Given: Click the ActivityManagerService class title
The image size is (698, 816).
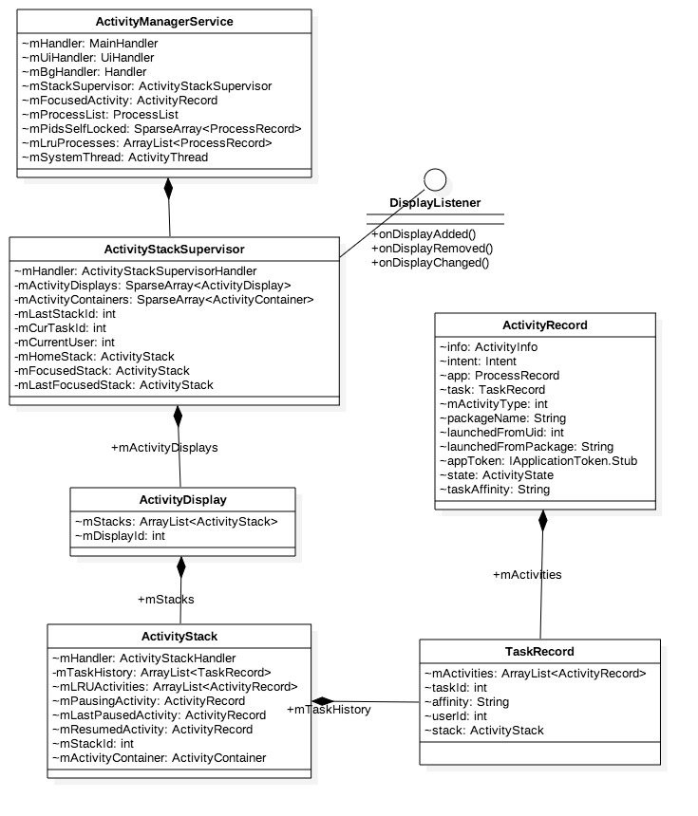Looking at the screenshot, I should click(164, 21).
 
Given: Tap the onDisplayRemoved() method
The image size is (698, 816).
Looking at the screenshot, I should click(432, 248).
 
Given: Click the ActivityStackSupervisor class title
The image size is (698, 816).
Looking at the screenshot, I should click(175, 250).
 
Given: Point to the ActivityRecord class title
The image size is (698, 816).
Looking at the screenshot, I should click(545, 325).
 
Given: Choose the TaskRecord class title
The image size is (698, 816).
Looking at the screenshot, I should click(539, 652).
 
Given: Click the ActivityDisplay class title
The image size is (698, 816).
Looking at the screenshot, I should click(181, 500).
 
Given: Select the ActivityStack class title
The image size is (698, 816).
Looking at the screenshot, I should click(180, 637).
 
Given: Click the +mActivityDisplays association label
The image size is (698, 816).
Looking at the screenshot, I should click(164, 447).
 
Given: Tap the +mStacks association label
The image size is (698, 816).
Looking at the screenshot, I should click(166, 599).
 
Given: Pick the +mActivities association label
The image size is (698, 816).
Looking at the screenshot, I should click(527, 574).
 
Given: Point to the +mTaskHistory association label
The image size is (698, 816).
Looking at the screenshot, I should click(329, 709).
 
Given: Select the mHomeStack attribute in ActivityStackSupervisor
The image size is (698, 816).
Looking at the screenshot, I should click(95, 356).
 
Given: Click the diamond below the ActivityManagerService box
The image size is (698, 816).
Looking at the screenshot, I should click(168, 188).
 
